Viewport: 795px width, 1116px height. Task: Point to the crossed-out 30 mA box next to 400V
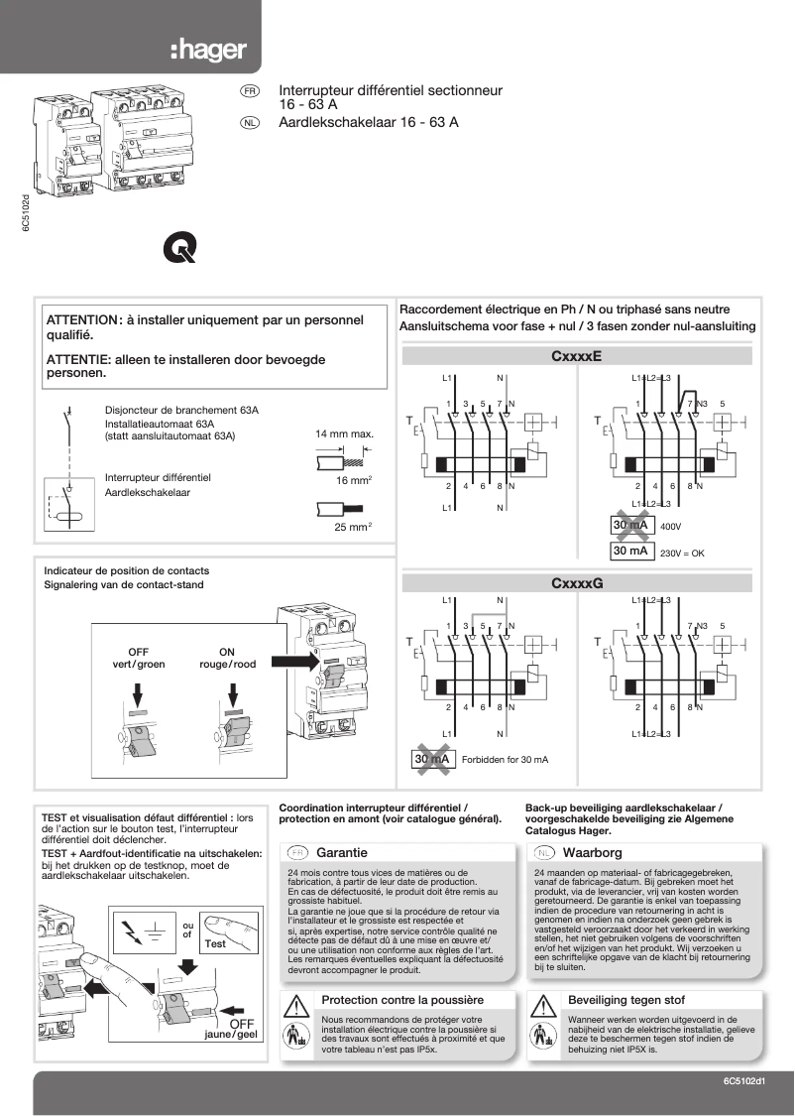630,526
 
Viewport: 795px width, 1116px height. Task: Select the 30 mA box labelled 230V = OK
630,551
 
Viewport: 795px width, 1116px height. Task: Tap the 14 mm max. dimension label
344,434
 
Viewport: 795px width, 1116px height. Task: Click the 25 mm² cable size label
352,527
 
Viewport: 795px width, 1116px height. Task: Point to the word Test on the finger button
214,943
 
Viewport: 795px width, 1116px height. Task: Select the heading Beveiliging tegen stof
625,999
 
